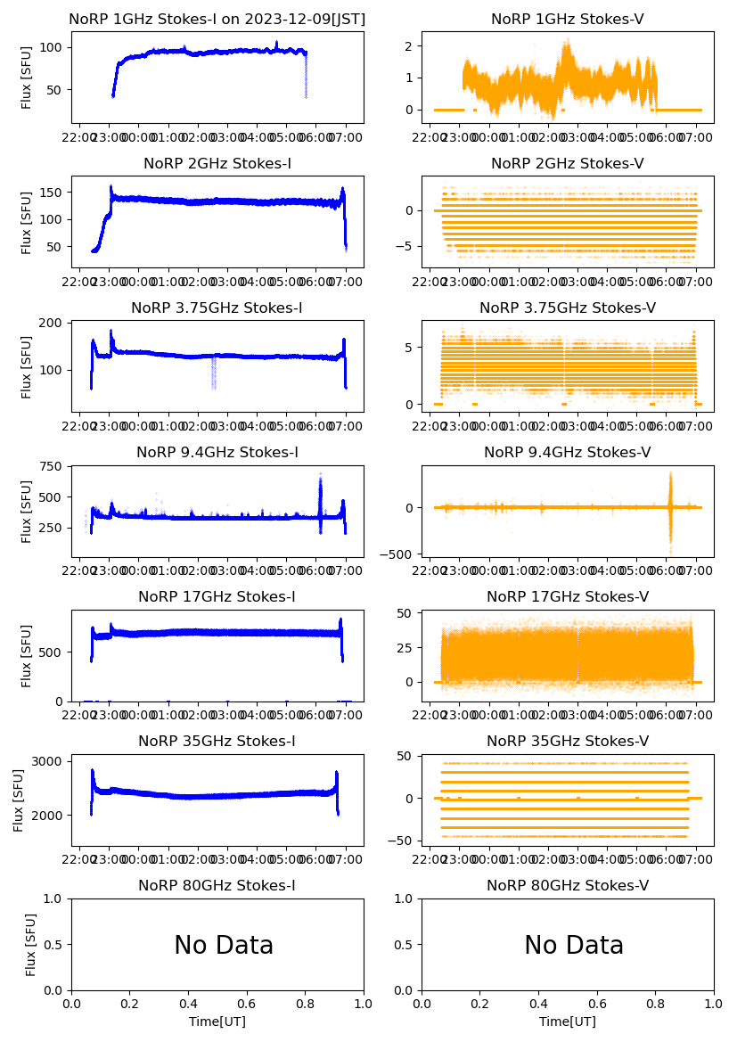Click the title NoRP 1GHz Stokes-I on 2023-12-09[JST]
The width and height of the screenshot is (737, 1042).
pos(217,19)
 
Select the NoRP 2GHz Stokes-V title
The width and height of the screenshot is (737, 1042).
pos(568,163)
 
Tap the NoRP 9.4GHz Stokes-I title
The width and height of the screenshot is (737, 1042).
pos(217,452)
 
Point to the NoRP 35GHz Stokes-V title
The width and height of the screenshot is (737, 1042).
pos(568,741)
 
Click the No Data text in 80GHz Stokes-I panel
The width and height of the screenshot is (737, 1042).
pos(224,945)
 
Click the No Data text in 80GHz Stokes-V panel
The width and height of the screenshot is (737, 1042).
pos(574,945)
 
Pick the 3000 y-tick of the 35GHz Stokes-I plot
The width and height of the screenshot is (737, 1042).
pos(49,761)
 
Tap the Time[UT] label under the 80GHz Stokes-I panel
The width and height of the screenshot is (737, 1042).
pos(217,1021)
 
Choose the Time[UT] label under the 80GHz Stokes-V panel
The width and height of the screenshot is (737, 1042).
pos(568,1021)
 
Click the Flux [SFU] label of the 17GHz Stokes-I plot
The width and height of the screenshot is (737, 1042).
pos(27,655)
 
